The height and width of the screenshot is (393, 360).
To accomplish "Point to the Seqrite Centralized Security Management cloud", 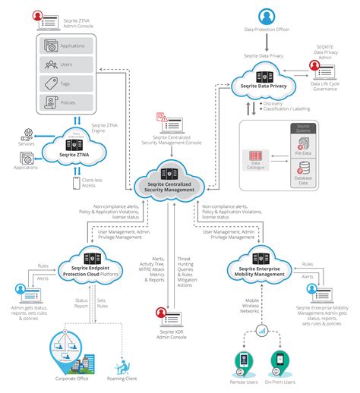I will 172,183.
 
